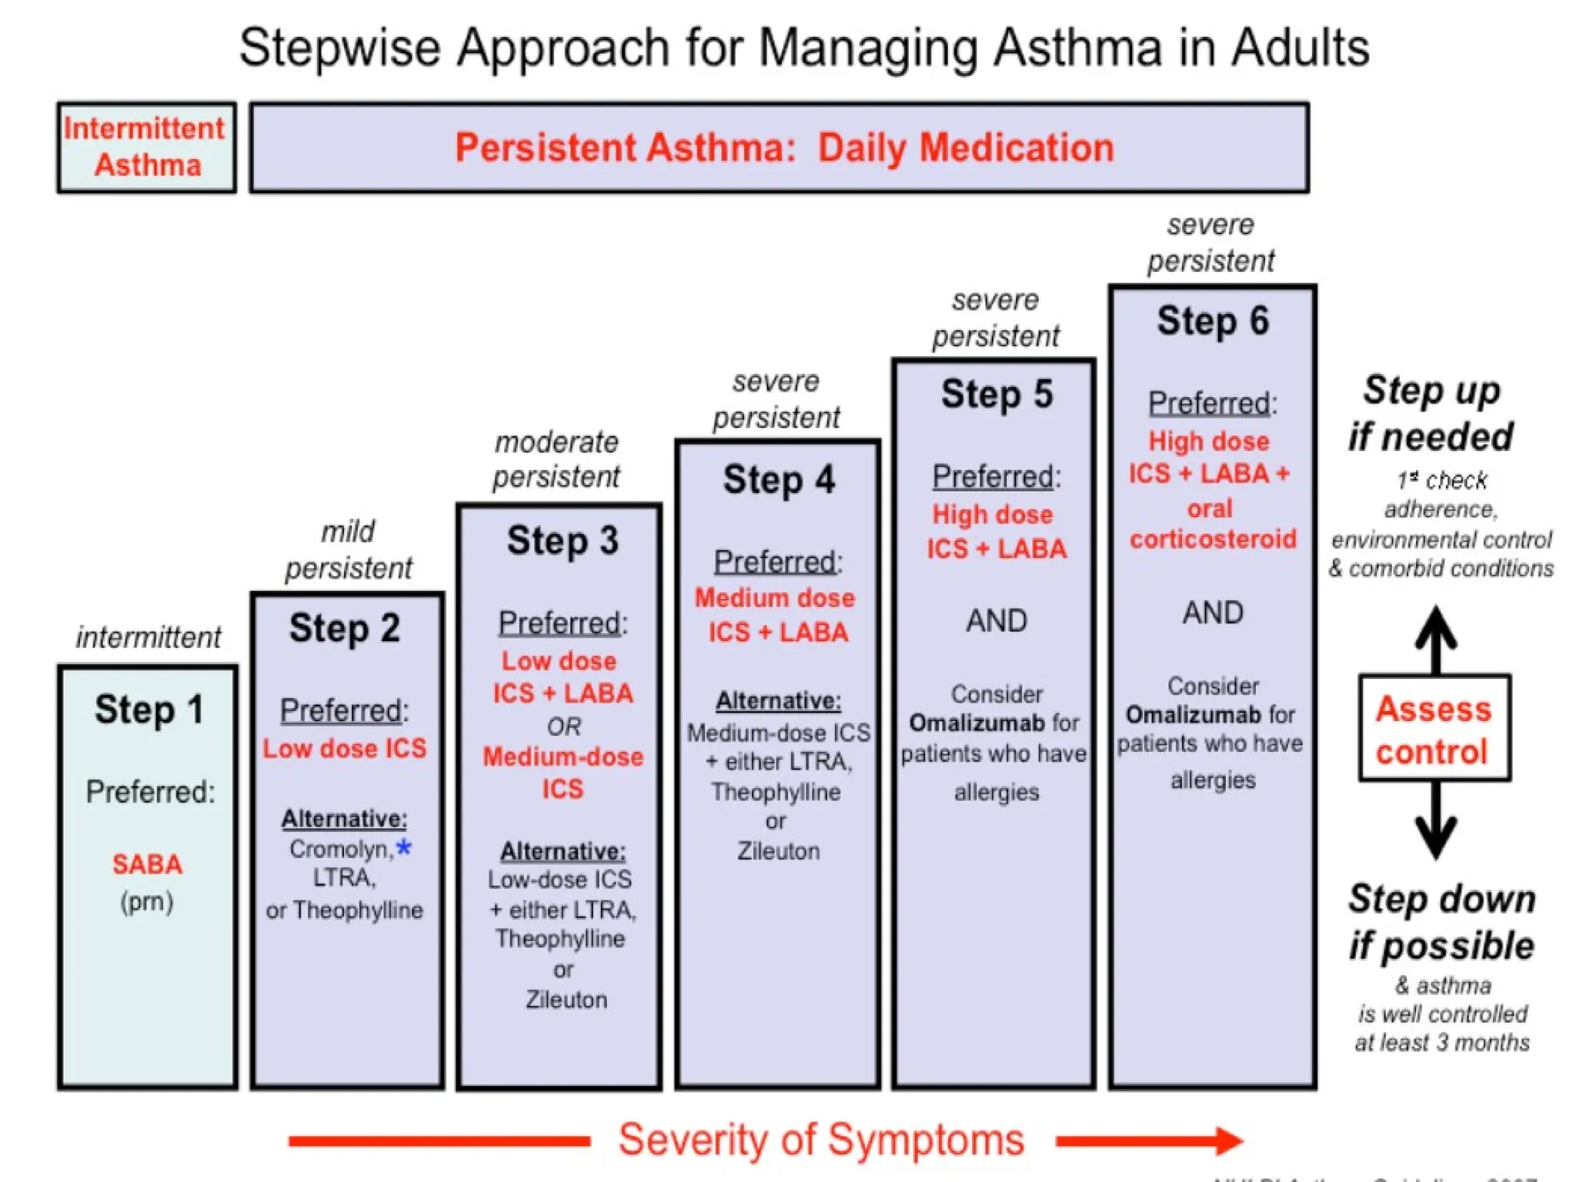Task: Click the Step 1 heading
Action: pos(149,709)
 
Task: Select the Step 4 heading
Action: pos(778,479)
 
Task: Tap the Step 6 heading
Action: pos(1212,320)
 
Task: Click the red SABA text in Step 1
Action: pos(147,864)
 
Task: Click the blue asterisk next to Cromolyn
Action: pos(403,848)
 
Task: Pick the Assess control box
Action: pos(1434,728)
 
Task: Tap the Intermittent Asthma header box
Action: pos(146,147)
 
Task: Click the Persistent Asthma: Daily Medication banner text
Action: pos(783,147)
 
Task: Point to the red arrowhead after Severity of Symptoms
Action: pos(1228,1140)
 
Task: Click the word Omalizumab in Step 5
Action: pos(976,723)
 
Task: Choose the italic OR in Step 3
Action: pos(563,726)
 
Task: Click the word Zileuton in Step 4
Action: pos(778,851)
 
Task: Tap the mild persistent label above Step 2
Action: pos(348,549)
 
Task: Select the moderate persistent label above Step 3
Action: pos(556,459)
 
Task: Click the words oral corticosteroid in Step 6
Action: pos(1212,523)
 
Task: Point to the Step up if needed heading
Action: pos(1431,413)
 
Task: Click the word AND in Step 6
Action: pos(1212,613)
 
